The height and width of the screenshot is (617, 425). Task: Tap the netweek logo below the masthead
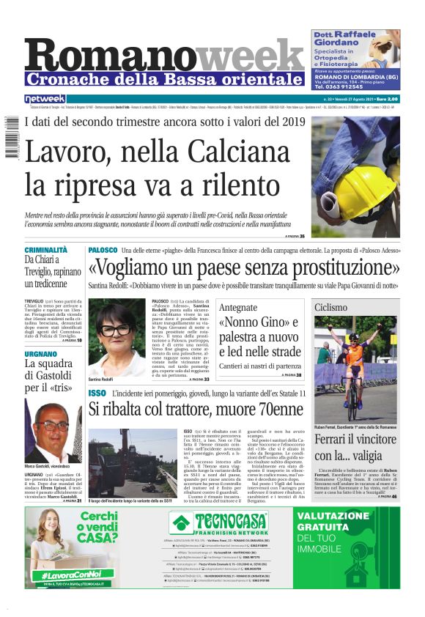point(45,99)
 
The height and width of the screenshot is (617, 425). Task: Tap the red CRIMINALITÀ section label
point(45,250)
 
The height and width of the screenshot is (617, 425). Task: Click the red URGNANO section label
point(40,353)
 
